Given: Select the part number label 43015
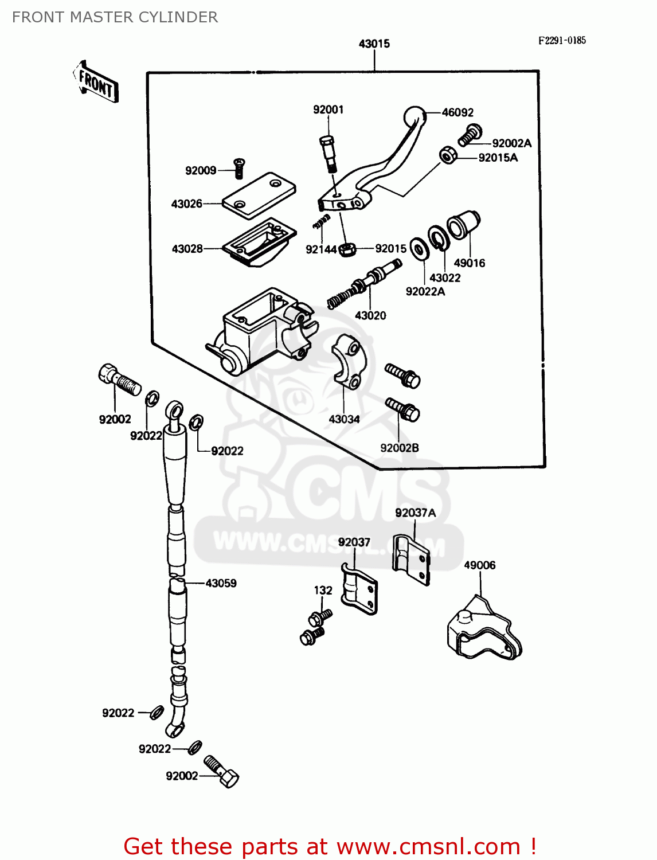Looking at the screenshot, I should tap(374, 44).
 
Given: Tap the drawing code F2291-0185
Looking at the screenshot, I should tap(562, 40).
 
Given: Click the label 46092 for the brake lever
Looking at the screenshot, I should tap(457, 112).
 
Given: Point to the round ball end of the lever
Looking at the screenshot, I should tap(415, 117).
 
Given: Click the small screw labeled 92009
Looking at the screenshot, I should tap(239, 167).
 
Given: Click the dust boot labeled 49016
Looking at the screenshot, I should tap(463, 225).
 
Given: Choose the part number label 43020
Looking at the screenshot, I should tap(370, 315).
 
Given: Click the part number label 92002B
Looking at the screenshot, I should tap(400, 448).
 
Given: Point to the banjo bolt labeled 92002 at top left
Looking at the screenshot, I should tap(119, 380).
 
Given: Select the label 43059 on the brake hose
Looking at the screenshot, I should tap(221, 583).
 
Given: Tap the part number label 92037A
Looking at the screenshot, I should tap(415, 513).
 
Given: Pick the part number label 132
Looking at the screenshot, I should tap(323, 590).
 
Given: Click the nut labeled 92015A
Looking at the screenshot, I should tap(448, 155).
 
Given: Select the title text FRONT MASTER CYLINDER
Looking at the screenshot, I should tap(115, 17).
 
